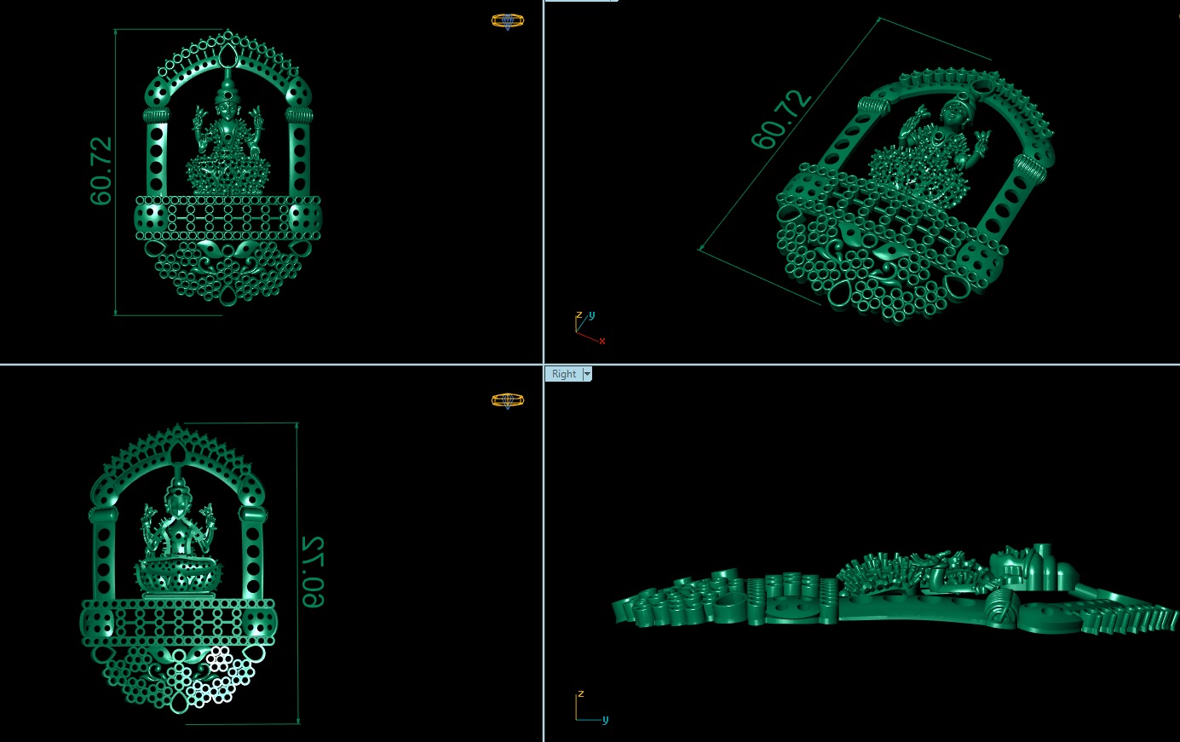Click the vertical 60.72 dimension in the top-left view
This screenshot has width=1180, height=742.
point(101,170)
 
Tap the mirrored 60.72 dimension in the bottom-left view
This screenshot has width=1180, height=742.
point(312,572)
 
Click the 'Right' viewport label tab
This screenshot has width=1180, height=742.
point(563,374)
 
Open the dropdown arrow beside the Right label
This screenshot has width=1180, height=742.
point(587,374)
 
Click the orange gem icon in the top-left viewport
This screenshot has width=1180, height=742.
point(508,21)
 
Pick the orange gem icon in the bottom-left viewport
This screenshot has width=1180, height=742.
point(508,400)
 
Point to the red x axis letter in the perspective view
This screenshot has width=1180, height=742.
point(602,341)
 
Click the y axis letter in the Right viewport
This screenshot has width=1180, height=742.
point(605,719)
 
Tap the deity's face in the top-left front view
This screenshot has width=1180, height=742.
point(227,105)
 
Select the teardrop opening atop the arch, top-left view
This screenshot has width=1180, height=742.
point(227,58)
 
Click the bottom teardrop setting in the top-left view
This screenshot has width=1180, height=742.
point(227,296)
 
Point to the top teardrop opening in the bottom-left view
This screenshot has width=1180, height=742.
point(179,454)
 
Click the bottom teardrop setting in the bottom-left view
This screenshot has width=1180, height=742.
point(179,704)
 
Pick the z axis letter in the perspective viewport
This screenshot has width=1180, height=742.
point(578,315)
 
